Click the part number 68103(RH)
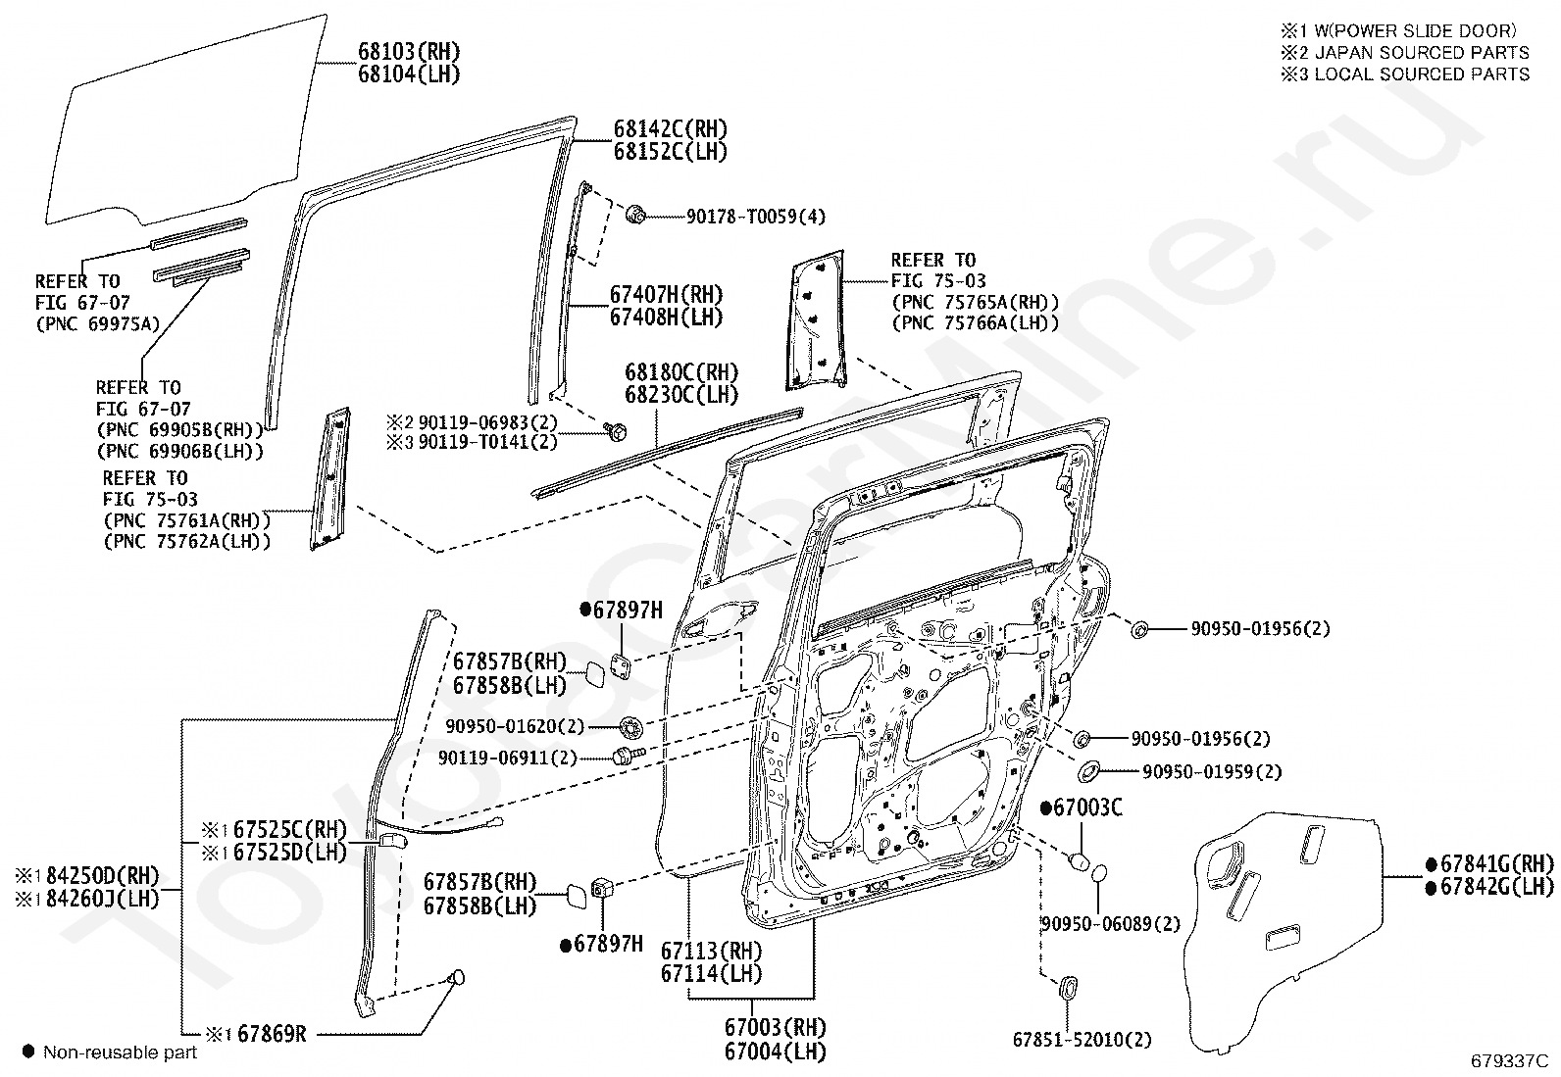point(409,52)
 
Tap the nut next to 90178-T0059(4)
point(635,215)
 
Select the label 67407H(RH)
point(667,295)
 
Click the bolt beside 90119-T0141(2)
point(616,431)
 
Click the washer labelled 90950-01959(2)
point(1088,771)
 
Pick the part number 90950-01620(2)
point(515,726)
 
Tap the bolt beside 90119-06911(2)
point(628,756)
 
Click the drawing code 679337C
point(1509,1060)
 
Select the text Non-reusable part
point(120,1052)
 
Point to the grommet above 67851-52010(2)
point(1068,988)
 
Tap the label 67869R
point(272,1033)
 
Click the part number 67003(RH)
point(775,1027)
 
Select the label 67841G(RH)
point(1497,863)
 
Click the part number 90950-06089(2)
point(1111,924)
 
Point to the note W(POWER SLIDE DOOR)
point(1415,30)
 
